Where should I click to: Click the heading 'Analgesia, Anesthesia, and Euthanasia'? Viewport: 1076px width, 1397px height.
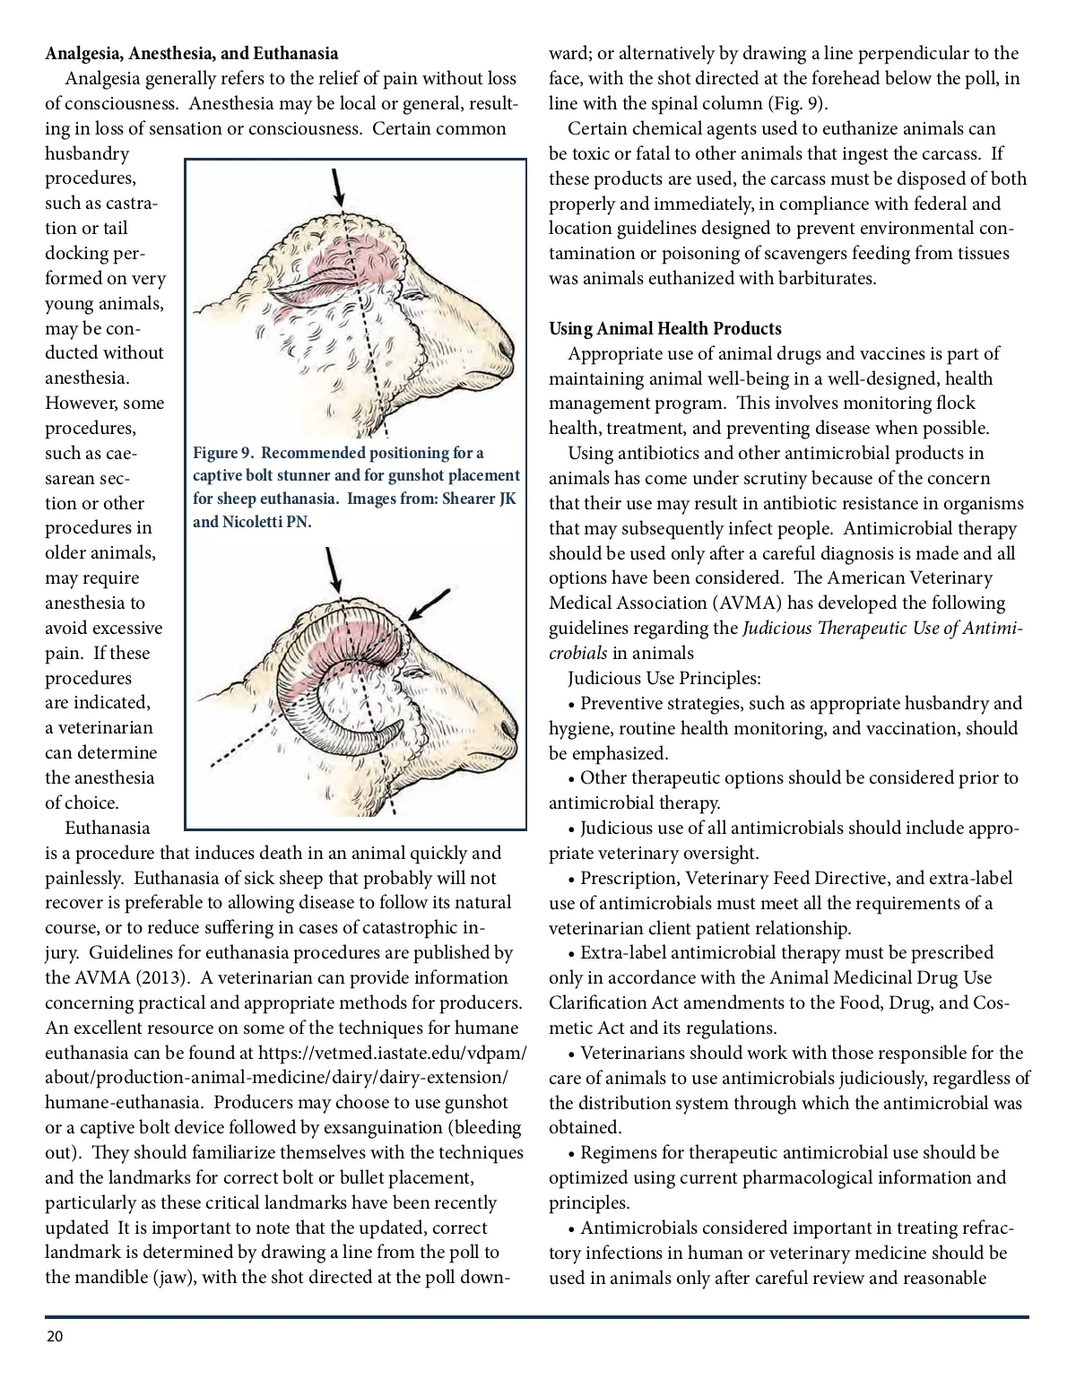pyautogui.click(x=192, y=54)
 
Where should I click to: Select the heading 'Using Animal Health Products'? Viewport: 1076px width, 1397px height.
pyautogui.click(x=664, y=328)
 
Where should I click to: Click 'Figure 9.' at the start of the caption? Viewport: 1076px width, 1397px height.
pyautogui.click(x=222, y=453)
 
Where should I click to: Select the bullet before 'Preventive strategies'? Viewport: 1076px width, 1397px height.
pyautogui.click(x=572, y=704)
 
